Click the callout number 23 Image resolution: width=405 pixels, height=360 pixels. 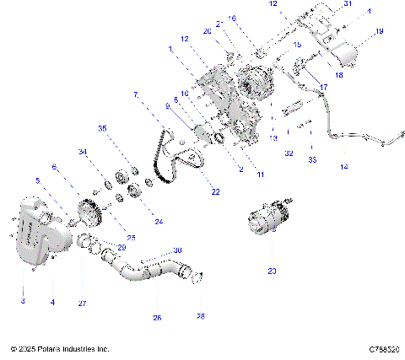click(x=271, y=271)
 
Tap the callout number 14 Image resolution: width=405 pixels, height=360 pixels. click(x=343, y=167)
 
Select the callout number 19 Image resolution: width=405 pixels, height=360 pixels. click(x=379, y=31)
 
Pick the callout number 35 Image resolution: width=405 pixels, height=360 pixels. click(x=102, y=128)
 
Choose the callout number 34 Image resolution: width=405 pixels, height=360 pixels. click(x=83, y=152)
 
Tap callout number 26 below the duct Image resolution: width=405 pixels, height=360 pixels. click(x=156, y=318)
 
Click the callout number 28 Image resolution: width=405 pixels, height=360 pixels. click(x=200, y=316)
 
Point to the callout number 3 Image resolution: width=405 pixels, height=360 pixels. click(x=22, y=301)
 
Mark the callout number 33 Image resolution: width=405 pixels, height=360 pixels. click(x=312, y=159)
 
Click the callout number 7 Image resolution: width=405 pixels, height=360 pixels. click(x=135, y=95)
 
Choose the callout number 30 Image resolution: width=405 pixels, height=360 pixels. click(x=177, y=250)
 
